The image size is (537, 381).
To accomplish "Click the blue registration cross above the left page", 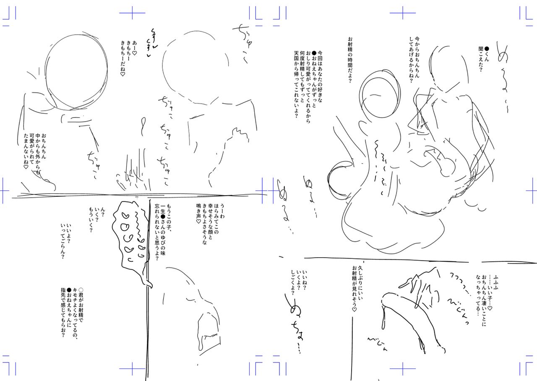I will click(x=132, y=13).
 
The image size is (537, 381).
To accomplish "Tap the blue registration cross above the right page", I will click(x=402, y=13).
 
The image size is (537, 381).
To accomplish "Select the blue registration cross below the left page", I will click(x=132, y=369).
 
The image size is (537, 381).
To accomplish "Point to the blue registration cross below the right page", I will click(x=402, y=369).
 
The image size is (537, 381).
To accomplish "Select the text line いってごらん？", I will click(x=62, y=243).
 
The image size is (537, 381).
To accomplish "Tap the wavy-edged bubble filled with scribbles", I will click(x=130, y=239).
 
